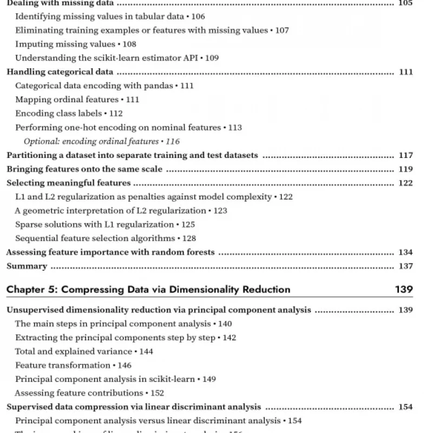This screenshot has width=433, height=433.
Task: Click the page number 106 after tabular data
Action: point(198,17)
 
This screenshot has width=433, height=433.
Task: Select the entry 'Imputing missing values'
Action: point(65,44)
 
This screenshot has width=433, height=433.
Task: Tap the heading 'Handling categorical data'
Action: point(60,72)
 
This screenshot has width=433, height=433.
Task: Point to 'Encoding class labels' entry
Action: point(58,114)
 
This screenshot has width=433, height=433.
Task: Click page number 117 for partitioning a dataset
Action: point(405,155)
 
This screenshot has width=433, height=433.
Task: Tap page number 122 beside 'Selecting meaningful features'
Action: point(405,183)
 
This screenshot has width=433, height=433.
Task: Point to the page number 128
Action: point(189,238)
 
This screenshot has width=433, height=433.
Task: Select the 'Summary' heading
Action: point(27,266)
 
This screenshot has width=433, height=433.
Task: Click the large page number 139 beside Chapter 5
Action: point(404,290)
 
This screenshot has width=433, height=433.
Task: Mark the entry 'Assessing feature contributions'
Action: point(78,393)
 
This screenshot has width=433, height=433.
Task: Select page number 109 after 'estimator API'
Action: point(212,58)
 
